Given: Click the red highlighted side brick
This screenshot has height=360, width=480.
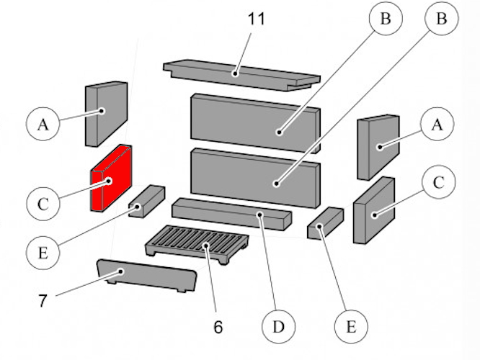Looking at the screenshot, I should pyautogui.click(x=110, y=180).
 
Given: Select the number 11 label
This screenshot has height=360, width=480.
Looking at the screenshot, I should pyautogui.click(x=255, y=18).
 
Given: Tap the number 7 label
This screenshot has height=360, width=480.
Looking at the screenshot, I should pyautogui.click(x=43, y=300).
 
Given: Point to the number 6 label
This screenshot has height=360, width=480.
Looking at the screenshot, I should pyautogui.click(x=218, y=326).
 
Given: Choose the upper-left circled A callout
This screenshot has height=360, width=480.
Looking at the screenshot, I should pyautogui.click(x=43, y=125).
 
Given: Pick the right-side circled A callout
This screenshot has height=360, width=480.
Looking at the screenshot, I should pyautogui.click(x=436, y=125).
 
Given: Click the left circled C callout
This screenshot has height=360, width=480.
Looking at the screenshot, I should pyautogui.click(x=43, y=204).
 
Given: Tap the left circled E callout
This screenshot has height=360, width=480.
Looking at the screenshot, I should pyautogui.click(x=43, y=253).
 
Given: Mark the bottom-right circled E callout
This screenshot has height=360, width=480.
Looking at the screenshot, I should pyautogui.click(x=351, y=326).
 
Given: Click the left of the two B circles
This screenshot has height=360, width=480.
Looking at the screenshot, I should pyautogui.click(x=386, y=19).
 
